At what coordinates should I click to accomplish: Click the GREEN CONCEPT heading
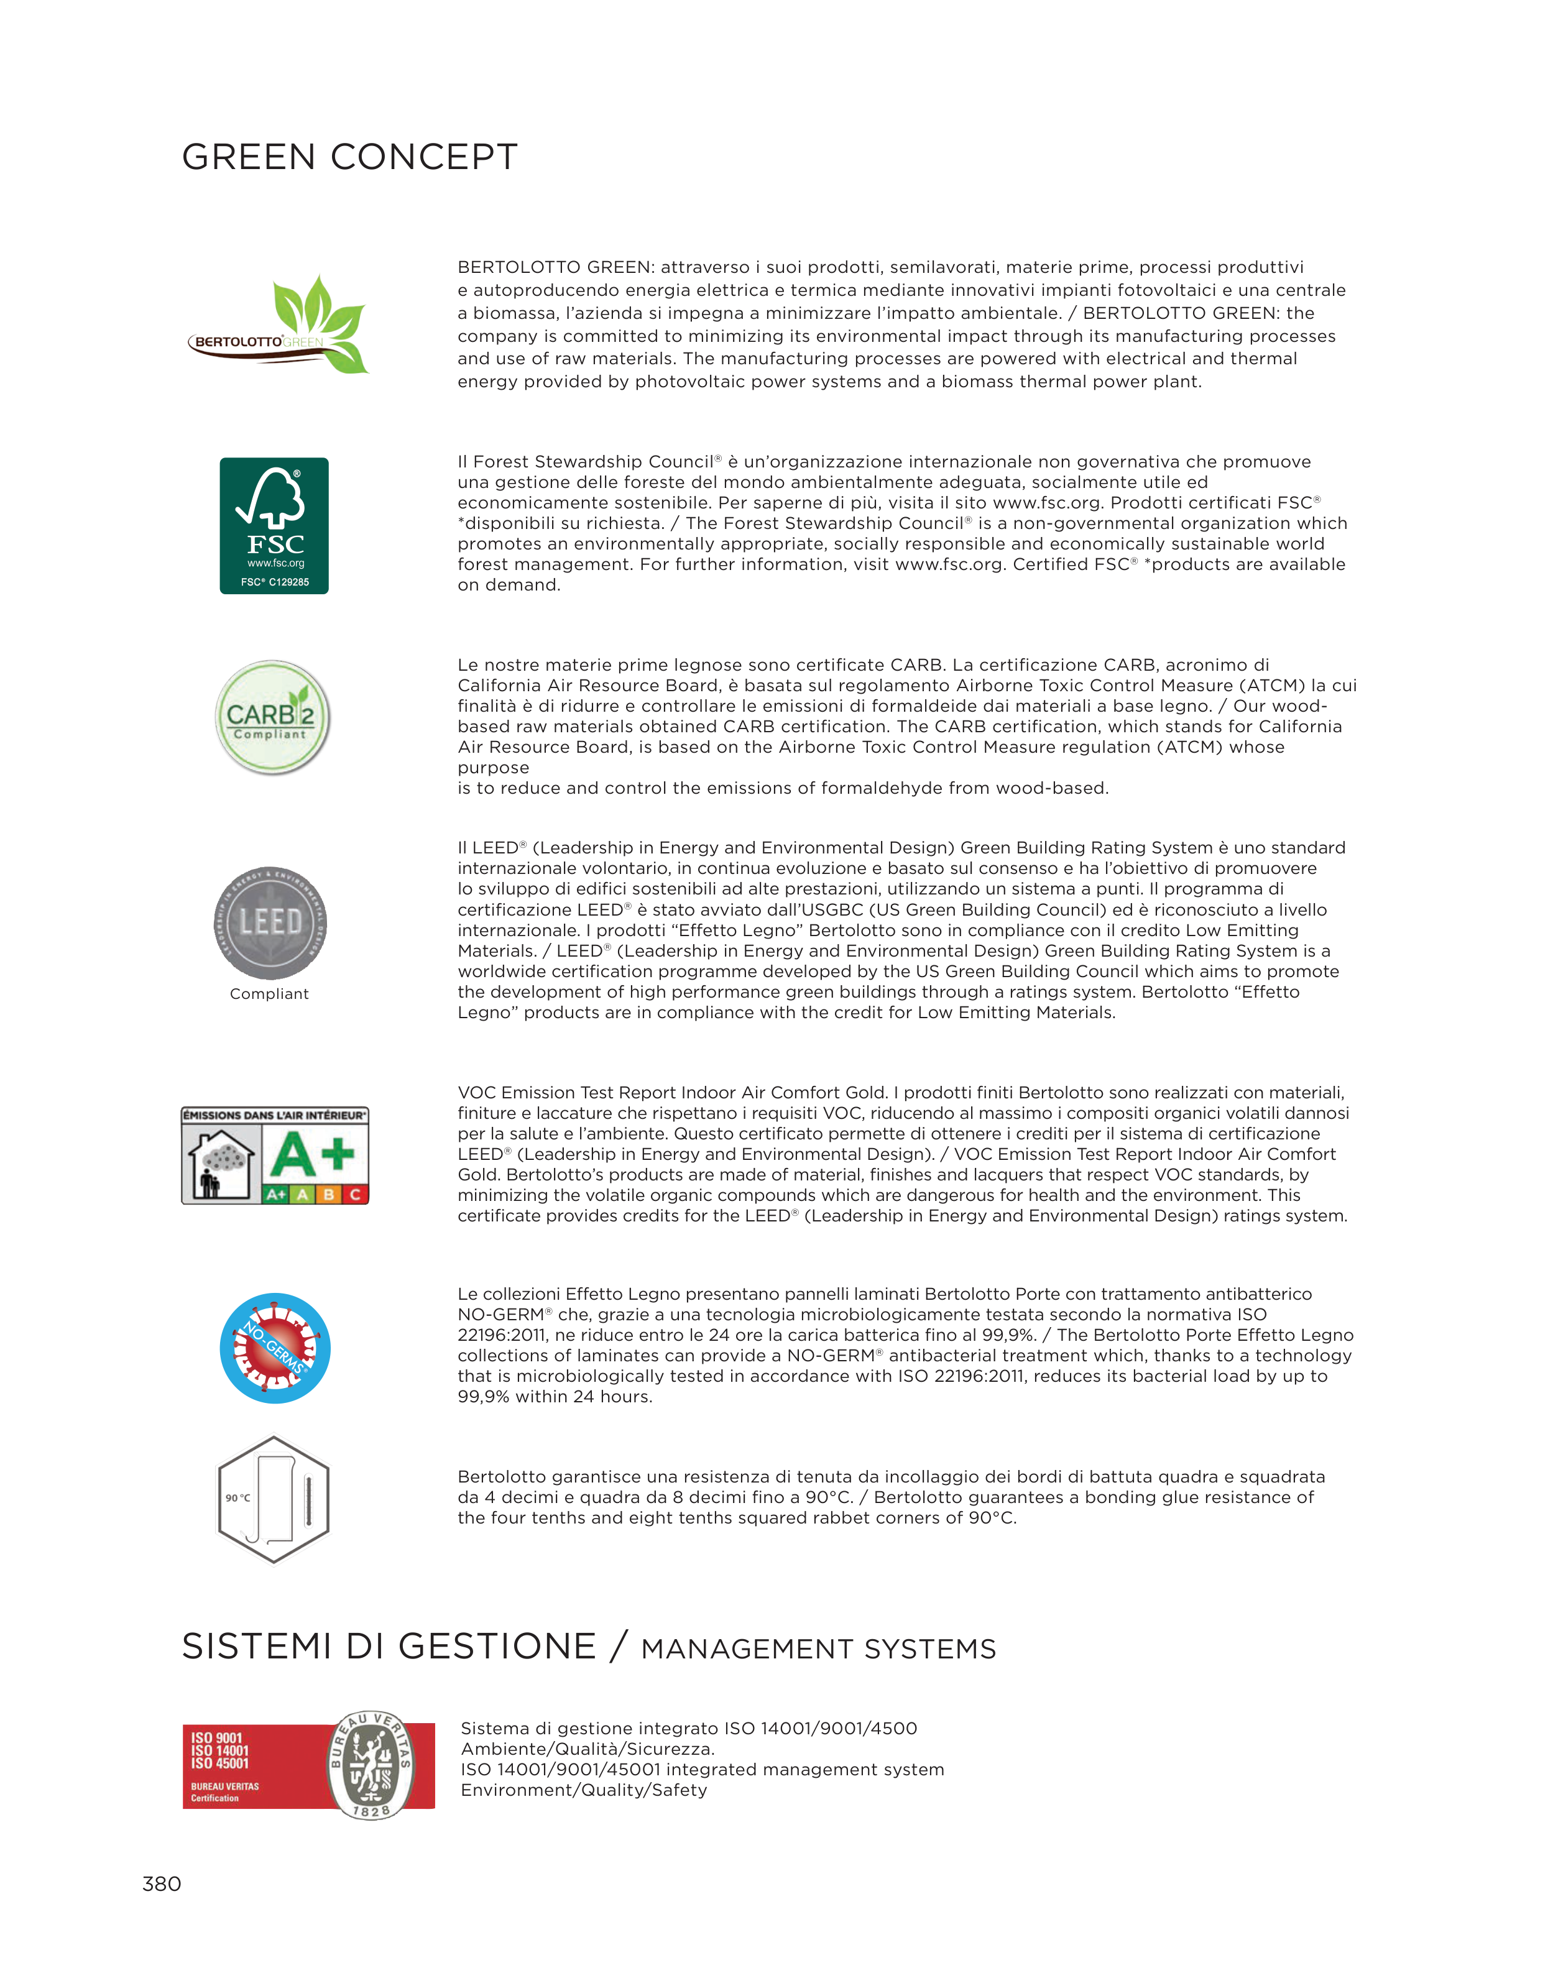[349, 157]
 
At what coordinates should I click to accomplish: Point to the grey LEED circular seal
[270, 923]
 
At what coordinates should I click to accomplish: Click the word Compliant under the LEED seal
[269, 994]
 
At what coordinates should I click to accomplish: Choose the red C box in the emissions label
[356, 1194]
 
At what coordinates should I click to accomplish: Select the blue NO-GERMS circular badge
[275, 1348]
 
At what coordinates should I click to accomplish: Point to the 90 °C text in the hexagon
[238, 1497]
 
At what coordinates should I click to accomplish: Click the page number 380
[162, 1883]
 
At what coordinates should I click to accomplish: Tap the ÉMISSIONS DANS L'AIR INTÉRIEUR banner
[275, 1115]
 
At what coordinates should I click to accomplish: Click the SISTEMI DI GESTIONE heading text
[389, 1647]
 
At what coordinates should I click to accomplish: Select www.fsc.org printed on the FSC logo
[275, 563]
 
